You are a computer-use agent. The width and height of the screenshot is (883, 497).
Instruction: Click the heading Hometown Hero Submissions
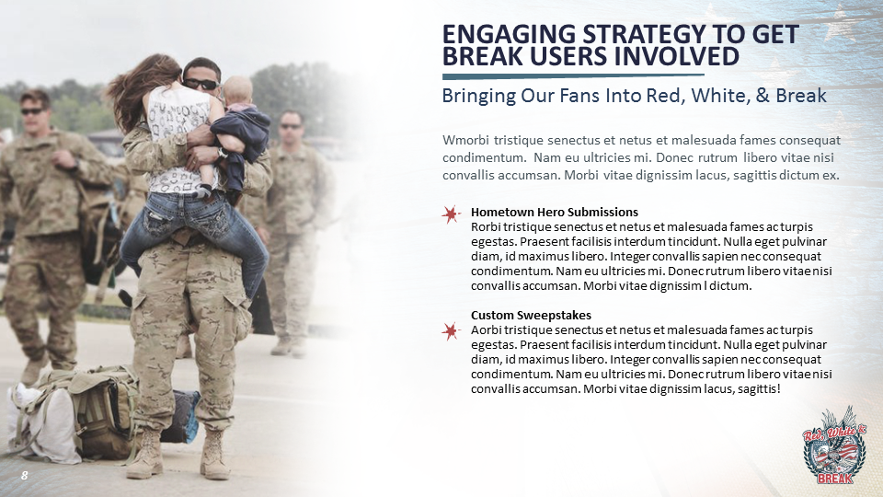coord(554,212)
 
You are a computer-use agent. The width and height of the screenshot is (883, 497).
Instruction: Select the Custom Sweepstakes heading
coord(531,315)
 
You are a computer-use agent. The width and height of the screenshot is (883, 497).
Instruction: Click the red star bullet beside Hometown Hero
coord(451,214)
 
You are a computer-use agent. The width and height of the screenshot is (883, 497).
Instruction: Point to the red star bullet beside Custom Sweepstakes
coord(451,331)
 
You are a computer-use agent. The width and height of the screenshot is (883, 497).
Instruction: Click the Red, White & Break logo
coord(834,445)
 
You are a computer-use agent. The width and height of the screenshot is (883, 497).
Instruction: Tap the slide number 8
coord(24,476)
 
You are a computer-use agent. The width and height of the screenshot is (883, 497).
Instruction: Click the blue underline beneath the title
coord(573,76)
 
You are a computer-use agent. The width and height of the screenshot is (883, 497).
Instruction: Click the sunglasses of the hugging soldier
coord(201,85)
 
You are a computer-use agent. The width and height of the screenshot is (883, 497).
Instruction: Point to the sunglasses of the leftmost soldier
coord(34,111)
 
